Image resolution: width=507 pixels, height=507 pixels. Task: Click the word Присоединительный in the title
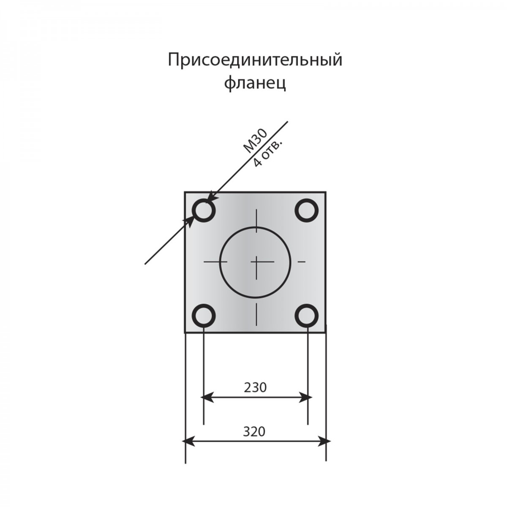coord(255,60)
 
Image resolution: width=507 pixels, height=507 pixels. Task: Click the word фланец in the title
coord(255,84)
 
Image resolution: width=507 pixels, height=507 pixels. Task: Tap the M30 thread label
coord(255,141)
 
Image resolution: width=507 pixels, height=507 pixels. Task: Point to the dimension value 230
coord(255,387)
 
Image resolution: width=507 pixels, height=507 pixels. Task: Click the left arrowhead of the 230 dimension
coord(207,404)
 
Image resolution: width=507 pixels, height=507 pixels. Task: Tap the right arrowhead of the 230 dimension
coord(305,404)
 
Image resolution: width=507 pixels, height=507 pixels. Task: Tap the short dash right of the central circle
coord(302,262)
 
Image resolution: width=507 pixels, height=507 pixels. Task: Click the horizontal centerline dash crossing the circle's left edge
coord(215,262)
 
